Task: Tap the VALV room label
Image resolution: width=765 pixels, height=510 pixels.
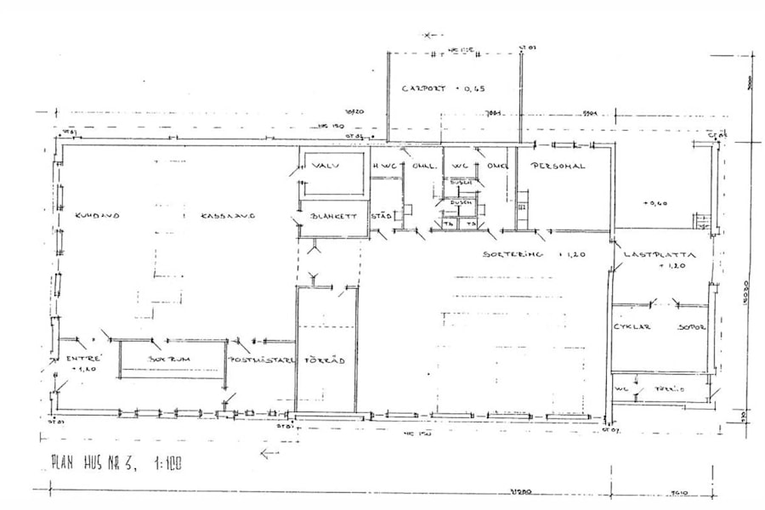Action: coord(326,166)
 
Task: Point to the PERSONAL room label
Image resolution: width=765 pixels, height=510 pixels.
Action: coord(558,167)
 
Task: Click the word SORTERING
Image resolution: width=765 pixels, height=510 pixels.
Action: coord(513,254)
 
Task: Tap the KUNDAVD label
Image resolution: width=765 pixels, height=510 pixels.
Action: coord(96,216)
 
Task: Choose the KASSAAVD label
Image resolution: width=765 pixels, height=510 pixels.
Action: coord(229,216)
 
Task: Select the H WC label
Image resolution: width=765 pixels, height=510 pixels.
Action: coord(385,167)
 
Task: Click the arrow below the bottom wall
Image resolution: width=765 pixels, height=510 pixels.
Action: coord(269,454)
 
